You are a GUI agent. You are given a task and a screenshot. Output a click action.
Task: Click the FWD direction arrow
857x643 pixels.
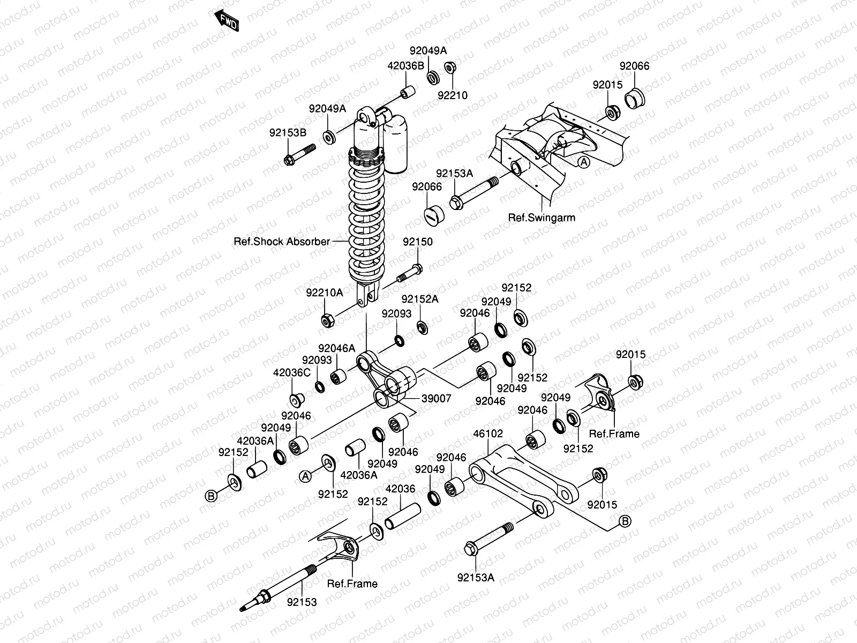click(227, 20)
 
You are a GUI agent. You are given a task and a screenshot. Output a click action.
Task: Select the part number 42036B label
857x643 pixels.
click(405, 66)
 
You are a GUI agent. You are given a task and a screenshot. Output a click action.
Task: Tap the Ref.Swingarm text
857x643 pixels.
click(542, 218)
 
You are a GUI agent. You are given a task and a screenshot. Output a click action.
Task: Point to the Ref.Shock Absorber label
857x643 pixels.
click(282, 242)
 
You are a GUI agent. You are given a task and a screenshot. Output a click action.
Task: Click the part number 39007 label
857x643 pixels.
click(436, 398)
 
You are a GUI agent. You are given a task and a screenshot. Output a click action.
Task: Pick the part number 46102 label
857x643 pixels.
click(487, 433)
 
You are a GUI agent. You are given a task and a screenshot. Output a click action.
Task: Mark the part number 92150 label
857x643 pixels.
click(418, 242)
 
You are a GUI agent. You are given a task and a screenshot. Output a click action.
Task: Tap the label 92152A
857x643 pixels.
click(420, 299)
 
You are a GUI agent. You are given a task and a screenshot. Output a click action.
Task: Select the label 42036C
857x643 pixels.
click(292, 372)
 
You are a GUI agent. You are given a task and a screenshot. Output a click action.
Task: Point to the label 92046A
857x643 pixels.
click(336, 348)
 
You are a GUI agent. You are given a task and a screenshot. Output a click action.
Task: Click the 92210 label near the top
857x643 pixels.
click(453, 95)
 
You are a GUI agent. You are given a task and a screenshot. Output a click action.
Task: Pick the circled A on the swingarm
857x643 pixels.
click(584, 161)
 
